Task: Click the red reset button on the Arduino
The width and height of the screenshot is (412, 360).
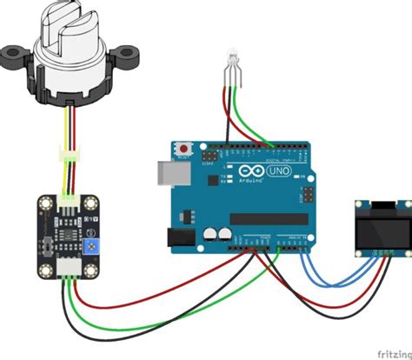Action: point(184,151)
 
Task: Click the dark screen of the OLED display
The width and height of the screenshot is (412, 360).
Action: point(381,226)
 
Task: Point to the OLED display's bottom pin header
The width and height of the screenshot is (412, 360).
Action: point(382,253)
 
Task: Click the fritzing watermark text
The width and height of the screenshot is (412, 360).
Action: point(393,353)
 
